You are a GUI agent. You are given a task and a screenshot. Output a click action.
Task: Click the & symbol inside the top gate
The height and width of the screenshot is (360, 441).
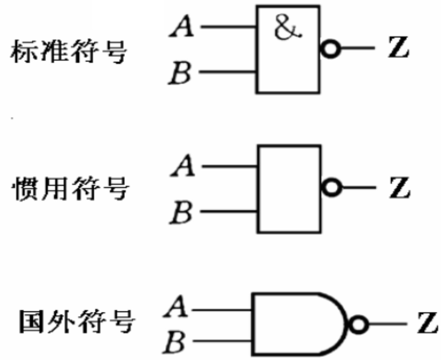[x=288, y=29]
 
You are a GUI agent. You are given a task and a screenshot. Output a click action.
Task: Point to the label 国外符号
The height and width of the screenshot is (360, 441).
[x=76, y=322]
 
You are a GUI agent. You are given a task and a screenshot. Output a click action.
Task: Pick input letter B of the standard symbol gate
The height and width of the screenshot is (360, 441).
[x=180, y=73]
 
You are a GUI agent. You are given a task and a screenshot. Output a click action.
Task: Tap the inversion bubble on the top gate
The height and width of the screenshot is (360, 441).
[x=330, y=48]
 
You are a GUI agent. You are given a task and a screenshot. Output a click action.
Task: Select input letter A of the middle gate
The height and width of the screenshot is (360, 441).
[x=183, y=166]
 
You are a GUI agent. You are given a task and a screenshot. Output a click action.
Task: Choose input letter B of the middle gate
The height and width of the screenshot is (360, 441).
[x=181, y=212]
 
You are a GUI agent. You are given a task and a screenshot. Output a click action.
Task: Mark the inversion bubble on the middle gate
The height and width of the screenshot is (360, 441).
[x=331, y=187]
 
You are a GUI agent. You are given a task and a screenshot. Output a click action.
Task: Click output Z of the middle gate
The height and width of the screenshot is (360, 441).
[x=400, y=188]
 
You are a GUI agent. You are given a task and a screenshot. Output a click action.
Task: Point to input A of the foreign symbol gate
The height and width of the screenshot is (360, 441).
[x=176, y=307]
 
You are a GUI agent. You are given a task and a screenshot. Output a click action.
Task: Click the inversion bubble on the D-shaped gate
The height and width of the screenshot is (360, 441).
[x=358, y=324]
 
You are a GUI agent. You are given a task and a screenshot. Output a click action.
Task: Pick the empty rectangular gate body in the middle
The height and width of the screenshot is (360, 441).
[x=289, y=189]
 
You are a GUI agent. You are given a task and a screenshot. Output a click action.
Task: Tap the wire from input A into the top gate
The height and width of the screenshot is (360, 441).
[x=228, y=27]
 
